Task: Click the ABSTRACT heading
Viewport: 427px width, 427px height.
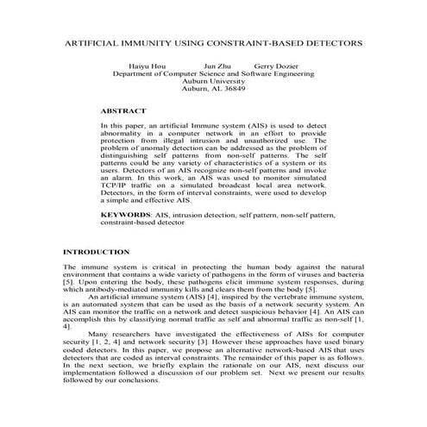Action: click(x=124, y=111)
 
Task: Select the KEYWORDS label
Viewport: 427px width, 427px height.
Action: click(x=126, y=212)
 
